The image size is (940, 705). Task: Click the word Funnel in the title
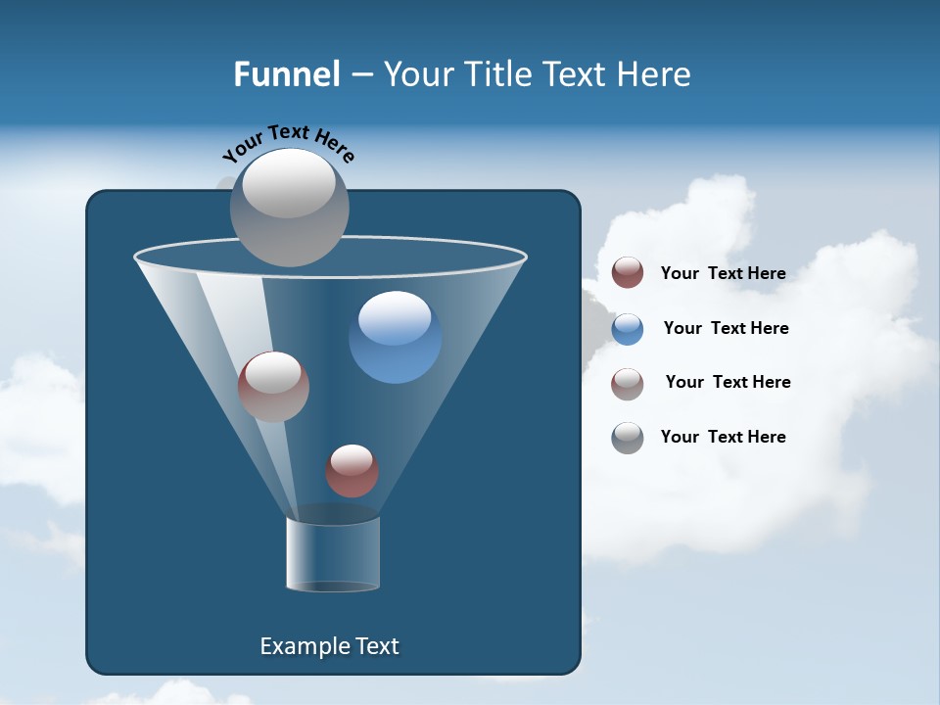click(286, 73)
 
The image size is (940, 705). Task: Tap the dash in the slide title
click(361, 74)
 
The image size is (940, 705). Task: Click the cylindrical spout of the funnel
click(332, 554)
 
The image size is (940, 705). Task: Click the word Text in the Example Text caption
click(377, 646)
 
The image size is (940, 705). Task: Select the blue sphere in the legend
click(628, 329)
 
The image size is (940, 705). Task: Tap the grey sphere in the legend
click(628, 438)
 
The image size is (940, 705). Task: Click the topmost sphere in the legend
click(628, 273)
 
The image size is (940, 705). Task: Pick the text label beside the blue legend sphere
click(726, 328)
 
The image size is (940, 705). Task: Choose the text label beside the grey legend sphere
click(723, 437)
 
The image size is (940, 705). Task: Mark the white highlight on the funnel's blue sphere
click(395, 318)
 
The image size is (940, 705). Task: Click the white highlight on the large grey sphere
click(288, 183)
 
